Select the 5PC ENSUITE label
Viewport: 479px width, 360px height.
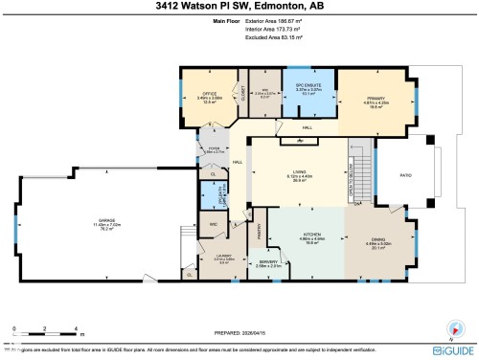click(307, 85)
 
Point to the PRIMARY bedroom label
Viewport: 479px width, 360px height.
click(373, 100)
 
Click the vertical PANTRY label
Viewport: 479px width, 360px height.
click(259, 230)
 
